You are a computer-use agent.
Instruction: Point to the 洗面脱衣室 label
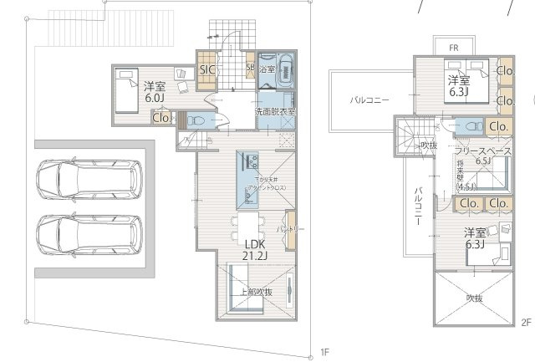pos(275,111)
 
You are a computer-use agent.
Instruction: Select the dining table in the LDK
pos(248,227)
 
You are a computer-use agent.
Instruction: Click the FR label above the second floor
pos(451,48)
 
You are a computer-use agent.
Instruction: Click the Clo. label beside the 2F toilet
pos(498,126)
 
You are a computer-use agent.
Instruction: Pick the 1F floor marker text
pos(325,352)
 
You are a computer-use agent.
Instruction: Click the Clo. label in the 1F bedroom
pos(161,118)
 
